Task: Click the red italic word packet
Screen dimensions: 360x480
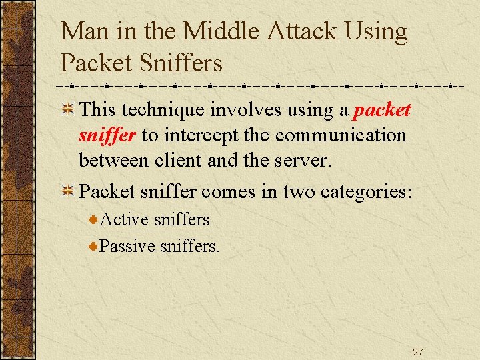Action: click(x=382, y=110)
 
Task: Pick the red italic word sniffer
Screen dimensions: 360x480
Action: click(x=107, y=135)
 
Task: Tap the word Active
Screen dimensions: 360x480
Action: click(x=125, y=219)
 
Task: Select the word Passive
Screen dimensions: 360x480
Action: click(x=127, y=246)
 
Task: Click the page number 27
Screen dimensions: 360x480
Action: click(x=417, y=352)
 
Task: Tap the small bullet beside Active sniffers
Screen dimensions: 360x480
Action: click(x=95, y=219)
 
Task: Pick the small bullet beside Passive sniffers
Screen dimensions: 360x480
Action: click(x=95, y=246)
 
